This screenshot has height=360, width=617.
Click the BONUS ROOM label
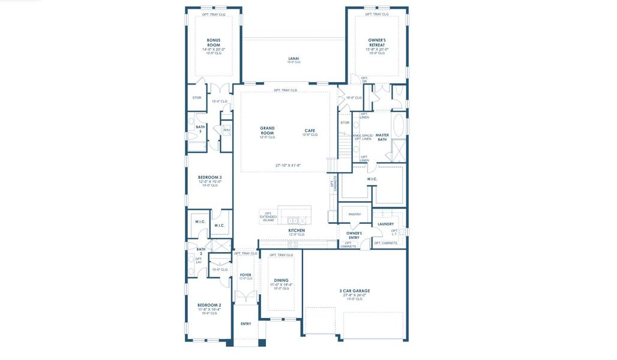click(214, 43)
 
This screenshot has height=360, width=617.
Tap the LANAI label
click(293, 58)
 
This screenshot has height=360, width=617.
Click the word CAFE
click(310, 130)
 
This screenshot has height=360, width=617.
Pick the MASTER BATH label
click(382, 137)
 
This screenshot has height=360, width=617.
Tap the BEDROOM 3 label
click(209, 177)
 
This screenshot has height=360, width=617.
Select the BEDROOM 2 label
click(209, 305)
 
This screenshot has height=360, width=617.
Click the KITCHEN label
click(296, 230)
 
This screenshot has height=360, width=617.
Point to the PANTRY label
click(355, 214)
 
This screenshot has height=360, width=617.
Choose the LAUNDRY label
click(386, 224)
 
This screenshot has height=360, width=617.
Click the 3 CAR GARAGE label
click(355, 290)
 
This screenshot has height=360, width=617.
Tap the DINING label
click(281, 280)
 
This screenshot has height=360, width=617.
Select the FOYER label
click(245, 275)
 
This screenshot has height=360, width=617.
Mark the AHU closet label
click(226, 130)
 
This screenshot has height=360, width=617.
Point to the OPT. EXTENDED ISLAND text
click(268, 216)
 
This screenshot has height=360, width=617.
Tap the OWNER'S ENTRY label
click(354, 235)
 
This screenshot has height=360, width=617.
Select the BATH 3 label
click(200, 129)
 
